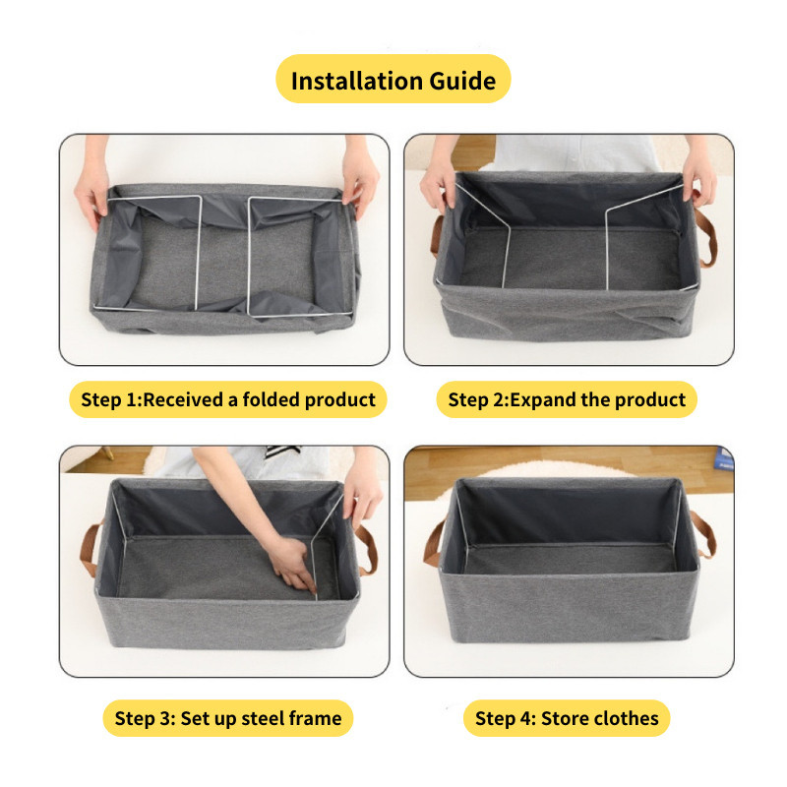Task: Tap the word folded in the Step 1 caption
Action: pyautogui.click(x=271, y=399)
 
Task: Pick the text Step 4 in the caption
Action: pyautogui.click(x=504, y=718)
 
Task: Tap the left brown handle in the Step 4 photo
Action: pyautogui.click(x=433, y=544)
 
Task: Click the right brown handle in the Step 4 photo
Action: pyautogui.click(x=703, y=534)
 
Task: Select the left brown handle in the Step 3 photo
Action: pyautogui.click(x=90, y=551)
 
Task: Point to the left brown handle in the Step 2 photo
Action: pyautogui.click(x=436, y=236)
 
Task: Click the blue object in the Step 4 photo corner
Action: pyautogui.click(x=724, y=457)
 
